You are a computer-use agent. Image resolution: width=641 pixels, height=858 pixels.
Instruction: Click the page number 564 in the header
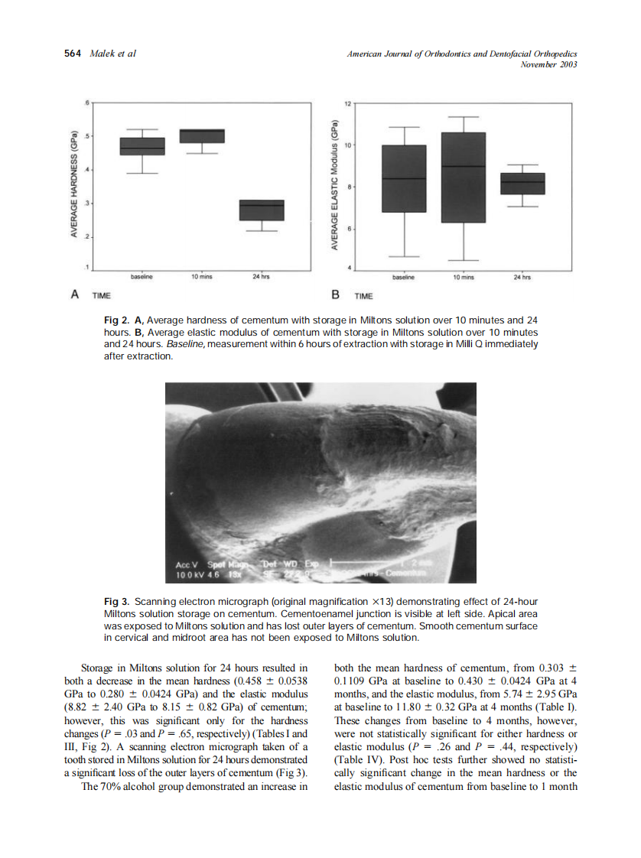pos(74,53)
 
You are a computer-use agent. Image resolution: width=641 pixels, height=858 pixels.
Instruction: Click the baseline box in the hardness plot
pos(142,146)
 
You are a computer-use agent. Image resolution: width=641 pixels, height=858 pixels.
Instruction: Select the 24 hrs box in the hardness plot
pos(262,210)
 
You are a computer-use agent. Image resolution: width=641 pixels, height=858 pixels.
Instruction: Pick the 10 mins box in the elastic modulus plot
pos(463,177)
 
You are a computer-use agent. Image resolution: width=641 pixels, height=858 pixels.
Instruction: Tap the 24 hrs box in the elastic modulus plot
pos(522,184)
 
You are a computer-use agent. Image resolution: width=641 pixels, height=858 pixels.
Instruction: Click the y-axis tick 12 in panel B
pos(347,103)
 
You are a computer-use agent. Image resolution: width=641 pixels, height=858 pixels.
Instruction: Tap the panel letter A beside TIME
pos(75,293)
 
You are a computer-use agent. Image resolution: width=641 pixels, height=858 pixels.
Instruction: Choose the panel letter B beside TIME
pos(334,294)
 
